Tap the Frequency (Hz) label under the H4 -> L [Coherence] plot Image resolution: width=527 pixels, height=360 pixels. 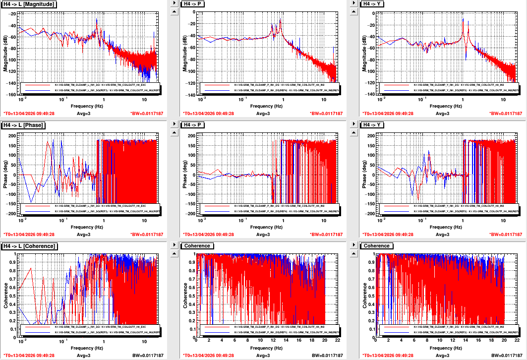click(87, 348)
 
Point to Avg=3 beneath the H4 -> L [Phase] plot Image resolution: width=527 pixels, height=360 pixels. click(84, 235)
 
